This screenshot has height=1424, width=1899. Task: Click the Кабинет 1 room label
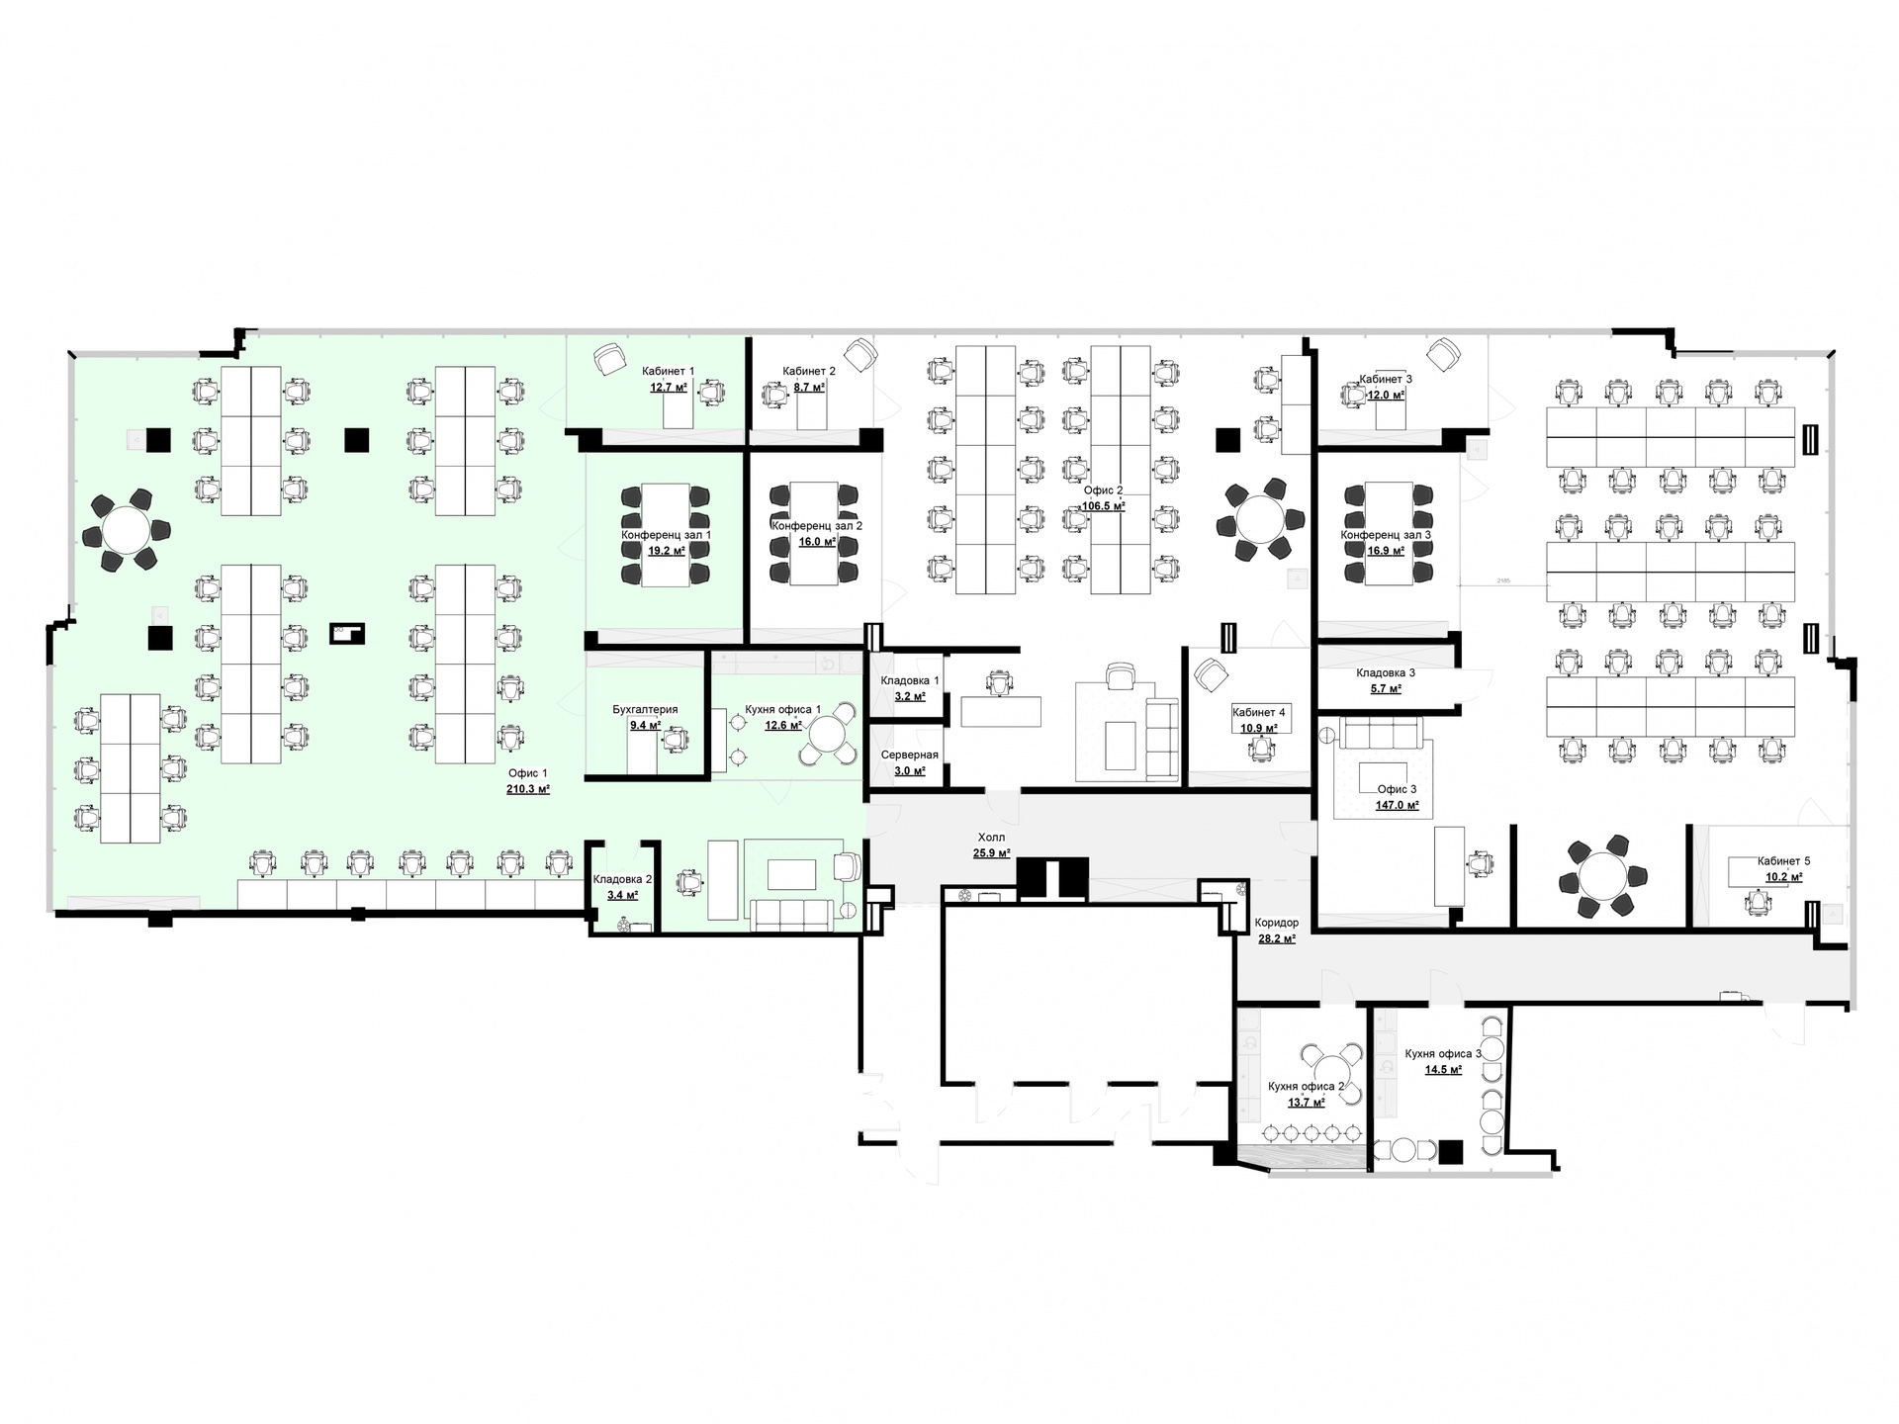coord(668,371)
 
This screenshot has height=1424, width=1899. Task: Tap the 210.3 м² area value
coord(528,789)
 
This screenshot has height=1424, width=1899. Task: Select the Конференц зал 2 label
coord(817,526)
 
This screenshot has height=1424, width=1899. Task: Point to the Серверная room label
coord(910,755)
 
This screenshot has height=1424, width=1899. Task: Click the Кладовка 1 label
coord(910,680)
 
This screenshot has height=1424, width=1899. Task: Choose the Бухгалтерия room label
coord(645,709)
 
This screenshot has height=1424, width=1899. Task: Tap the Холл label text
coord(991,837)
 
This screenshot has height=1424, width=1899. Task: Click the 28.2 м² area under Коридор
coord(1277,938)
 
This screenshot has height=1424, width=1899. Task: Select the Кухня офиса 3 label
coord(1443,1053)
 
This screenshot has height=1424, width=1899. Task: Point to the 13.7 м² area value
coord(1306,1102)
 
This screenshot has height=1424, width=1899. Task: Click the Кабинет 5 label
coord(1784,860)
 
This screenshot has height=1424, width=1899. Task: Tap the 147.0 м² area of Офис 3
coord(1397,805)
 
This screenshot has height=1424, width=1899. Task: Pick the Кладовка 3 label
coord(1386,672)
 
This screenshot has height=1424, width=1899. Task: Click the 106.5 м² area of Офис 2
coord(1104,505)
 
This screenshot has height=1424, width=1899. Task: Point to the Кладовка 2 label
coord(622,879)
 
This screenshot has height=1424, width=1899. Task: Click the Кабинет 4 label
coord(1259,712)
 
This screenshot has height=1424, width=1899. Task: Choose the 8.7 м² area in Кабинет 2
coord(809,388)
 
